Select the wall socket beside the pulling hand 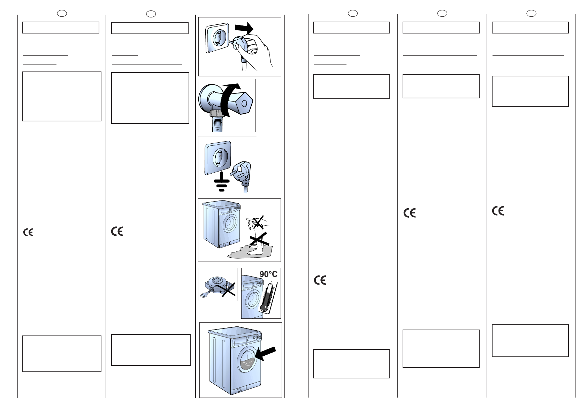pyautogui.click(x=217, y=38)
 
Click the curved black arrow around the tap pyautogui.click(x=229, y=100)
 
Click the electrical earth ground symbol pyautogui.click(x=221, y=181)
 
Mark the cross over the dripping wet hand pyautogui.click(x=258, y=222)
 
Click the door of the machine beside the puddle pyautogui.click(x=230, y=222)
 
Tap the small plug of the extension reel pyautogui.click(x=204, y=296)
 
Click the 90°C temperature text pyautogui.click(x=268, y=274)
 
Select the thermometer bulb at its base pyautogui.click(x=264, y=308)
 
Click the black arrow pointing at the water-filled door pyautogui.click(x=265, y=354)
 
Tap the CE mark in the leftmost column pyautogui.click(x=28, y=232)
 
